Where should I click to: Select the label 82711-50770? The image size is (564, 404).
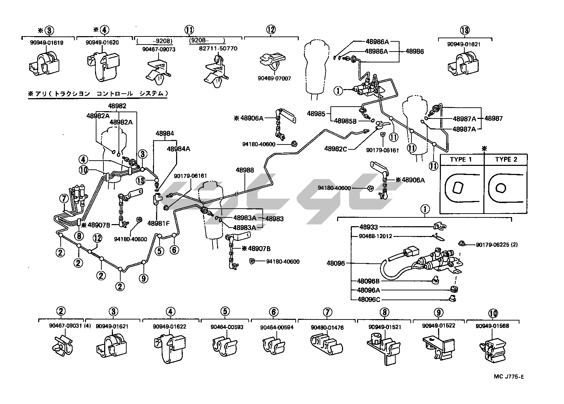click(x=218, y=48)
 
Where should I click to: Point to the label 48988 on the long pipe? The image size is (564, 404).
click(x=244, y=170)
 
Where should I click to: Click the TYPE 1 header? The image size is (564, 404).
click(x=461, y=160)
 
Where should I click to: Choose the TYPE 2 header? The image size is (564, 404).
click(x=506, y=160)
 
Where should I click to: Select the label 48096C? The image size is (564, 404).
click(x=368, y=300)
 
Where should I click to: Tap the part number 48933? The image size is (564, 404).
click(x=368, y=227)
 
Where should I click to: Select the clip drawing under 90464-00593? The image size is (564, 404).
click(x=224, y=345)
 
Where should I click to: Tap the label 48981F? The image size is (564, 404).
click(x=159, y=223)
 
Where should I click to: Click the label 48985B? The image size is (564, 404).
click(x=345, y=121)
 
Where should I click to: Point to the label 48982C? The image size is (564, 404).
click(x=336, y=149)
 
